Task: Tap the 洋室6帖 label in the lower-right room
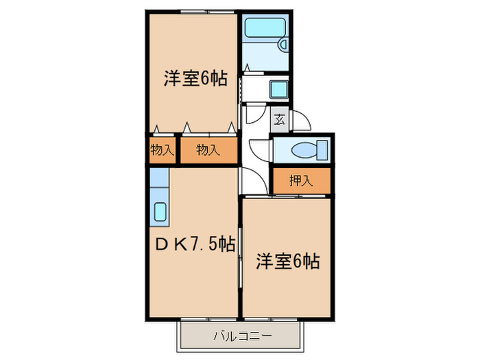[289, 261]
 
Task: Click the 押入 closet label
[300, 181]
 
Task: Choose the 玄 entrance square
[280, 119]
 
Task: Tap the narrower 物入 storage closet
[162, 150]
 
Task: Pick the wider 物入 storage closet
[208, 150]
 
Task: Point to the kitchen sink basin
[158, 212]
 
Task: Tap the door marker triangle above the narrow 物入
[158, 128]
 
